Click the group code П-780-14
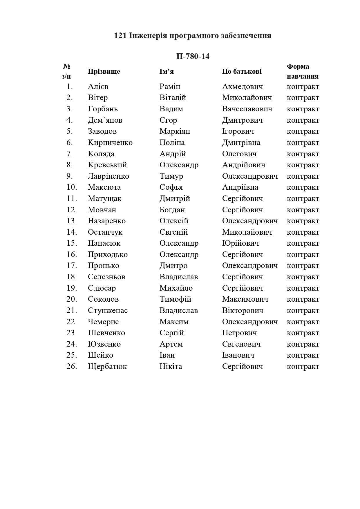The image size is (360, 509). point(193,56)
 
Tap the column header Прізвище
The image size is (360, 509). point(104,71)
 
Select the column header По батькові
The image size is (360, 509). point(242,71)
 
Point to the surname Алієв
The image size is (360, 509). point(98,86)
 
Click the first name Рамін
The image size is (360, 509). point(170,86)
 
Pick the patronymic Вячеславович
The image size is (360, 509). point(247,109)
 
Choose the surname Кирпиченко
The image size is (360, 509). point(110,143)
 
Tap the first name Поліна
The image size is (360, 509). point(172,143)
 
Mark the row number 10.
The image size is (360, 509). point(72,187)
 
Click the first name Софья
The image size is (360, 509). point(171,187)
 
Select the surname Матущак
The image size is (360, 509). point(105,199)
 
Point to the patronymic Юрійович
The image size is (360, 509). point(240,243)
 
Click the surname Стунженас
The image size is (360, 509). point(108,311)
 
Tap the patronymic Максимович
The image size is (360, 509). point(245,299)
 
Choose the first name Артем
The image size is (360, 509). point(171,344)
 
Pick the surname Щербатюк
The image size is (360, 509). point(107,367)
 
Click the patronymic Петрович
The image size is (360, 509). point(239,333)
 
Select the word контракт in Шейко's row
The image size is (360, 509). point(303,355)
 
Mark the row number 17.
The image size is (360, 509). point(72,266)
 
